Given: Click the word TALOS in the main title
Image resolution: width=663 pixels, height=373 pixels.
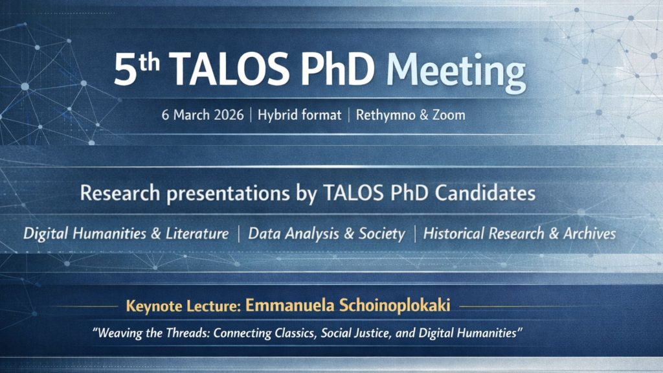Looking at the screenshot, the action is (231, 69).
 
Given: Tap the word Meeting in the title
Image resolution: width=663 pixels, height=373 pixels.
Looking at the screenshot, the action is (456, 73).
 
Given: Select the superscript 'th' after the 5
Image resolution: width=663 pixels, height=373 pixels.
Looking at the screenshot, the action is (150, 62).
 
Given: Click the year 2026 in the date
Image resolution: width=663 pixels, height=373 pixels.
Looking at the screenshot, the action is (229, 115).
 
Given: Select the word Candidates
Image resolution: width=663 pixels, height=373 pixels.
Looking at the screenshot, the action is (486, 193).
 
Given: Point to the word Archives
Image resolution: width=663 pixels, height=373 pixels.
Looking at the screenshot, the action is (589, 233).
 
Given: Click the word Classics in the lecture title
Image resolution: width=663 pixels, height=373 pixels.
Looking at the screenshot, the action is (295, 333).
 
